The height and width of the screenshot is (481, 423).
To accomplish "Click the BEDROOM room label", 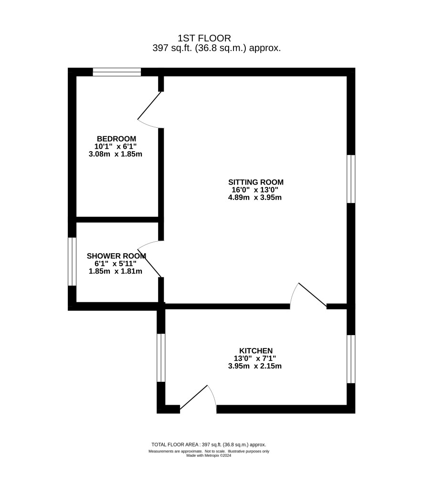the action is pyautogui.click(x=116, y=139).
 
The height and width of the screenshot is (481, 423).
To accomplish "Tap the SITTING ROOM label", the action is pyautogui.click(x=256, y=182).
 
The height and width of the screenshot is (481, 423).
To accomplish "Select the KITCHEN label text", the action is pyautogui.click(x=256, y=351).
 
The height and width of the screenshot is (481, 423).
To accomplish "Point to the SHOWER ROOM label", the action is pyautogui.click(x=116, y=256).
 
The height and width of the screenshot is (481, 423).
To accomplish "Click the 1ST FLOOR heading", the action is pyautogui.click(x=204, y=38).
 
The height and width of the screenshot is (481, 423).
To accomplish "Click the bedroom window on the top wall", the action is pyautogui.click(x=117, y=72).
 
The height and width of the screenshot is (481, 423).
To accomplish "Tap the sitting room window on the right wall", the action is pyautogui.click(x=351, y=179).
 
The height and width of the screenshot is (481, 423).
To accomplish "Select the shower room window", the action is pyautogui.click(x=72, y=261).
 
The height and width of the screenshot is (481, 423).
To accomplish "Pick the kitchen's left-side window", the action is pyautogui.click(x=161, y=358).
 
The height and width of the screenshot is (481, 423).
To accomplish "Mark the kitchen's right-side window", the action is pyautogui.click(x=351, y=359).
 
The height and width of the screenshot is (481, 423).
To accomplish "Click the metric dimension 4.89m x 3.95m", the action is pyautogui.click(x=254, y=197).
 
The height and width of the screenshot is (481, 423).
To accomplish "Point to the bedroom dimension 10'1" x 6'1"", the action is pyautogui.click(x=116, y=146).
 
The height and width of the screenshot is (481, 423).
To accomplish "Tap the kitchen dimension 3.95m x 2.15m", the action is pyautogui.click(x=254, y=366).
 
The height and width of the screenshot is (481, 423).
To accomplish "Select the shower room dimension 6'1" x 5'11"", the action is pyautogui.click(x=116, y=264).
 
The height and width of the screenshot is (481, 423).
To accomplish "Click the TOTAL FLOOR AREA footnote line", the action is pyautogui.click(x=209, y=444).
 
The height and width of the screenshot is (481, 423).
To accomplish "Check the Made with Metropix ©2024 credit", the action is pyautogui.click(x=209, y=456).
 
